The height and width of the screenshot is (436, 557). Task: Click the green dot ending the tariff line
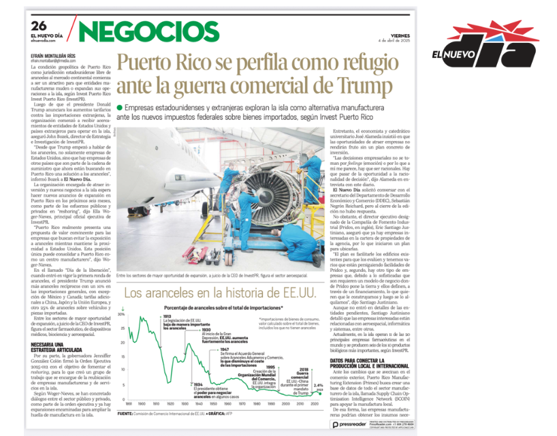[320, 392]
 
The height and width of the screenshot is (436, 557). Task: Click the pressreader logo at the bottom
[348, 424]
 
